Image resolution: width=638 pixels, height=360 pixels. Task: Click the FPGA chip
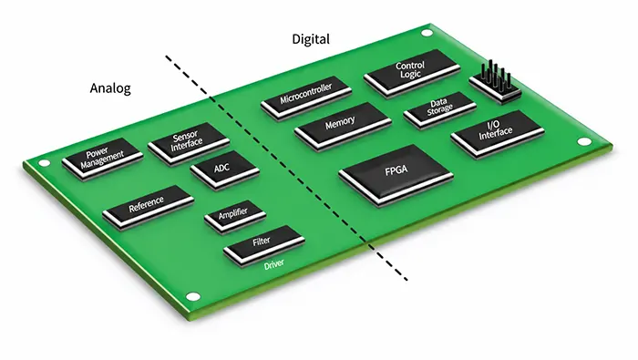coord(396,175)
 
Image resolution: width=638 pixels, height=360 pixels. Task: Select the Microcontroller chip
coord(306,98)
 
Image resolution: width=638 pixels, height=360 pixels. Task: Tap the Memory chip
coord(343,126)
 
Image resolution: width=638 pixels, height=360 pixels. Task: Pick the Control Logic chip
coord(412,73)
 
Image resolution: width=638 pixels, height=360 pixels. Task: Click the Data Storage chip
coord(440,110)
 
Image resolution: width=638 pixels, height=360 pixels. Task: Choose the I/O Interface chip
coord(498,133)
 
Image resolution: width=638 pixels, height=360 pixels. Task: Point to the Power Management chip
coord(102,159)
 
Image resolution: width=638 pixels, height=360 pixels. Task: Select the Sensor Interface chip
coord(189,143)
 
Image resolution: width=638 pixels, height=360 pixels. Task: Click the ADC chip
coord(224,170)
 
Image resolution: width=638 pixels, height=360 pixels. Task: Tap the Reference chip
coord(148,207)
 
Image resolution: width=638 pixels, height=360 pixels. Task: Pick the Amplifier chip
coord(235,216)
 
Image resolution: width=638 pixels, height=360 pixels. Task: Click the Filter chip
coord(264,246)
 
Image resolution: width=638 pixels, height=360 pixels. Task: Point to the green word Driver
coord(273,265)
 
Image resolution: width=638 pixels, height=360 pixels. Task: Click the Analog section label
coord(110,88)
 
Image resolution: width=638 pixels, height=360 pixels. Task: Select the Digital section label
coord(311,39)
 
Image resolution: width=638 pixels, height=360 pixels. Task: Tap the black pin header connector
coord(496,83)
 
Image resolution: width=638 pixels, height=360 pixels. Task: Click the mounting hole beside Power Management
coord(44,163)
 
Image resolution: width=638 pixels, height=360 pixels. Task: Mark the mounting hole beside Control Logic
coord(427,33)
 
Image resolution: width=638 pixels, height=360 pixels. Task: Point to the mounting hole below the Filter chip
coord(193,296)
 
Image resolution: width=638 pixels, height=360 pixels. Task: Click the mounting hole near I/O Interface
coord(584,141)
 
